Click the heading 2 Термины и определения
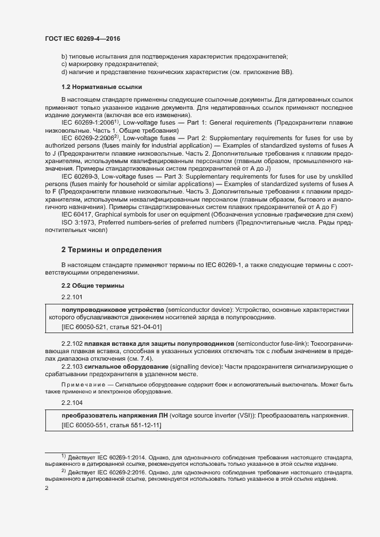(111, 250)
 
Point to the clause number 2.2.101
(72, 297)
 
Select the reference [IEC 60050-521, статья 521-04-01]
(111, 327)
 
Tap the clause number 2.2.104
(72, 403)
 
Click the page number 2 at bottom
(47, 488)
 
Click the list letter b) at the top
(64, 56)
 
